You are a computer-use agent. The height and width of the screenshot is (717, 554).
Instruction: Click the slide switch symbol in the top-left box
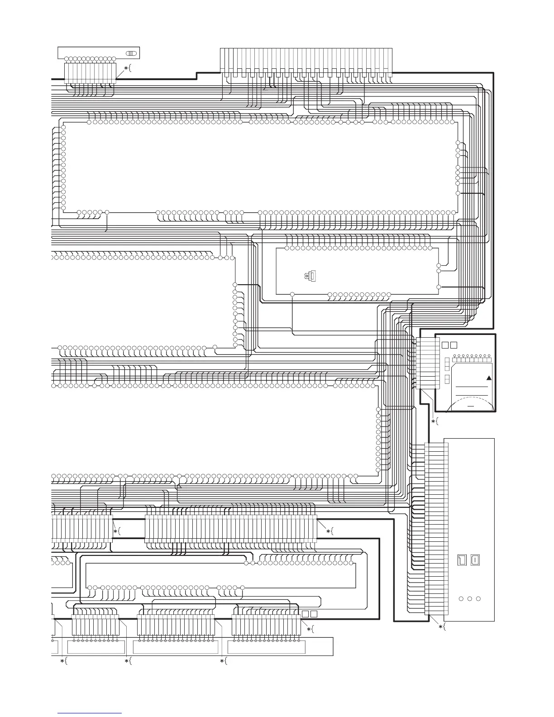[x=131, y=53]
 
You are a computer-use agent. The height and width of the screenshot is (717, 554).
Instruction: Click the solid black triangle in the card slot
[x=489, y=378]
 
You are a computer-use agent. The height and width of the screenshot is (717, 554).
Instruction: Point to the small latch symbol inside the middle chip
[x=311, y=275]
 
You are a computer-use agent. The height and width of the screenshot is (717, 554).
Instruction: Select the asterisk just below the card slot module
[x=433, y=421]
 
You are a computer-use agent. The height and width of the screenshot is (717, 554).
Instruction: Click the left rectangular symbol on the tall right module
[x=462, y=560]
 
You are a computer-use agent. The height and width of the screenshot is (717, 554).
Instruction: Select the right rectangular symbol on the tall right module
[x=475, y=560]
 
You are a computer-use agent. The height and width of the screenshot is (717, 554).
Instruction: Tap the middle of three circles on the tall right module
[x=469, y=599]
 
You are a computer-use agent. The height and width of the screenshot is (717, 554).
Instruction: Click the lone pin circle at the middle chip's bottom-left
[x=292, y=294]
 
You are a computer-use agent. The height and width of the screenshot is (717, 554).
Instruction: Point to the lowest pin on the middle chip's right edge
[x=438, y=287]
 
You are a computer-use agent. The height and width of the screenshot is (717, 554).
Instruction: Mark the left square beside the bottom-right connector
[x=305, y=614]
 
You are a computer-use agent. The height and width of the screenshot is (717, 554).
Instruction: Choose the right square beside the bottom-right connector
[x=313, y=614]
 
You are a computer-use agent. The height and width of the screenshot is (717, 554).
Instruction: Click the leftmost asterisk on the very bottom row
[x=62, y=661]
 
